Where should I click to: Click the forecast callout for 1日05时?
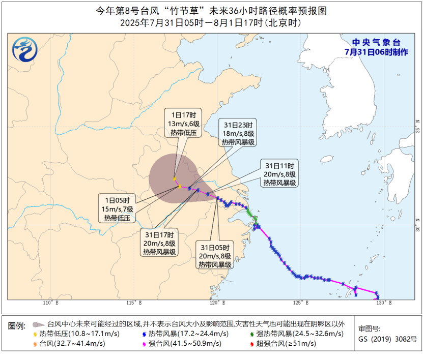pos(118,209)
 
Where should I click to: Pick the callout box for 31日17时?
pos(160,244)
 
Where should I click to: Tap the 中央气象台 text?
pos(377,43)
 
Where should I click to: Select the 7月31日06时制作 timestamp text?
pos(376,52)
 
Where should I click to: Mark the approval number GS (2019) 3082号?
pos(387,339)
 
